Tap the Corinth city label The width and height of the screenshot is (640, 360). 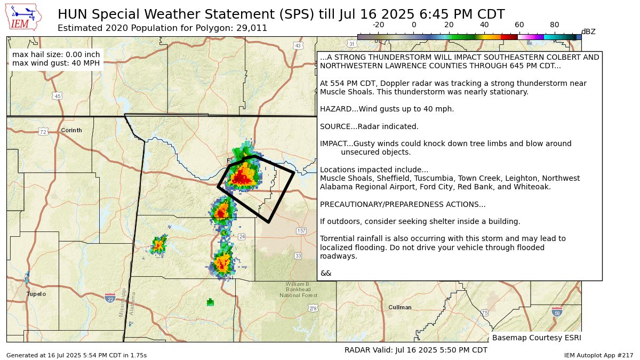[x=71, y=130]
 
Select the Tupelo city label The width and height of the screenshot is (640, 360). [x=36, y=294]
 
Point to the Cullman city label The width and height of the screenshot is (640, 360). [x=400, y=307]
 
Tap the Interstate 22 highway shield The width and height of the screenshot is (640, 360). [x=110, y=298]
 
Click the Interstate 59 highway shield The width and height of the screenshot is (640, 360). [x=557, y=311]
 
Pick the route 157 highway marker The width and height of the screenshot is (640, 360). [x=301, y=230]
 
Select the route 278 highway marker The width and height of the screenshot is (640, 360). [x=313, y=308]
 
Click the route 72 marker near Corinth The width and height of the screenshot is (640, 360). [x=43, y=132]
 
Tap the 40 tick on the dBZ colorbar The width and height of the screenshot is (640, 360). [x=484, y=25]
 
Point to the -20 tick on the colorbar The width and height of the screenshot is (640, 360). [x=378, y=25]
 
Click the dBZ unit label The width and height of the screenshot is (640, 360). [x=588, y=32]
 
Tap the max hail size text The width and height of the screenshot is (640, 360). [x=55, y=54]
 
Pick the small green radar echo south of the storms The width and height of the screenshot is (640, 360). [x=210, y=302]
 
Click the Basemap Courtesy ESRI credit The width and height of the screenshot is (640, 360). [x=536, y=338]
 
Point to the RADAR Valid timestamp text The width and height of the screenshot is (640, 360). [x=416, y=350]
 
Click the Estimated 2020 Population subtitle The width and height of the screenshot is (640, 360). [x=162, y=28]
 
